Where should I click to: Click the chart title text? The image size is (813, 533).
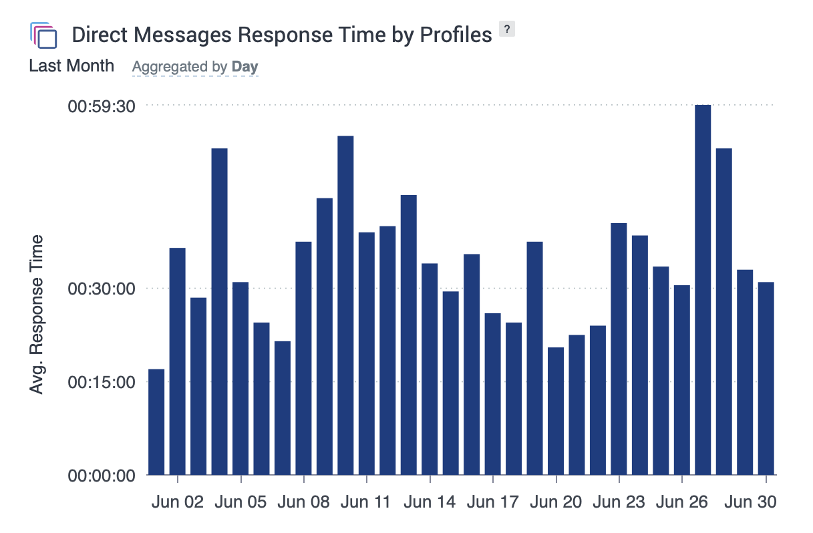coord(281,35)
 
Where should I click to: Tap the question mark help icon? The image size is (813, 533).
coord(508,29)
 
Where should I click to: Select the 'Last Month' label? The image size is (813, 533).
coord(71,66)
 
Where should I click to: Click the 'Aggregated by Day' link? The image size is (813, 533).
coord(195,67)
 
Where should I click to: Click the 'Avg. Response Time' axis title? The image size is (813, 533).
coord(37,314)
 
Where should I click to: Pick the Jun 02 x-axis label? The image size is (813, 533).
coord(178,502)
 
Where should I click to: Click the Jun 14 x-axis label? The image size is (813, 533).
coord(430,502)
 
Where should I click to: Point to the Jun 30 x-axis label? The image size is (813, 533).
coord(752,502)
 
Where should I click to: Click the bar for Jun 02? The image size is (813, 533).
coord(177,361)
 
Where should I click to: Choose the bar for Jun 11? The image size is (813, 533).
coord(367,353)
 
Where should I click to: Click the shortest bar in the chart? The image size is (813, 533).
coord(156,421)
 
